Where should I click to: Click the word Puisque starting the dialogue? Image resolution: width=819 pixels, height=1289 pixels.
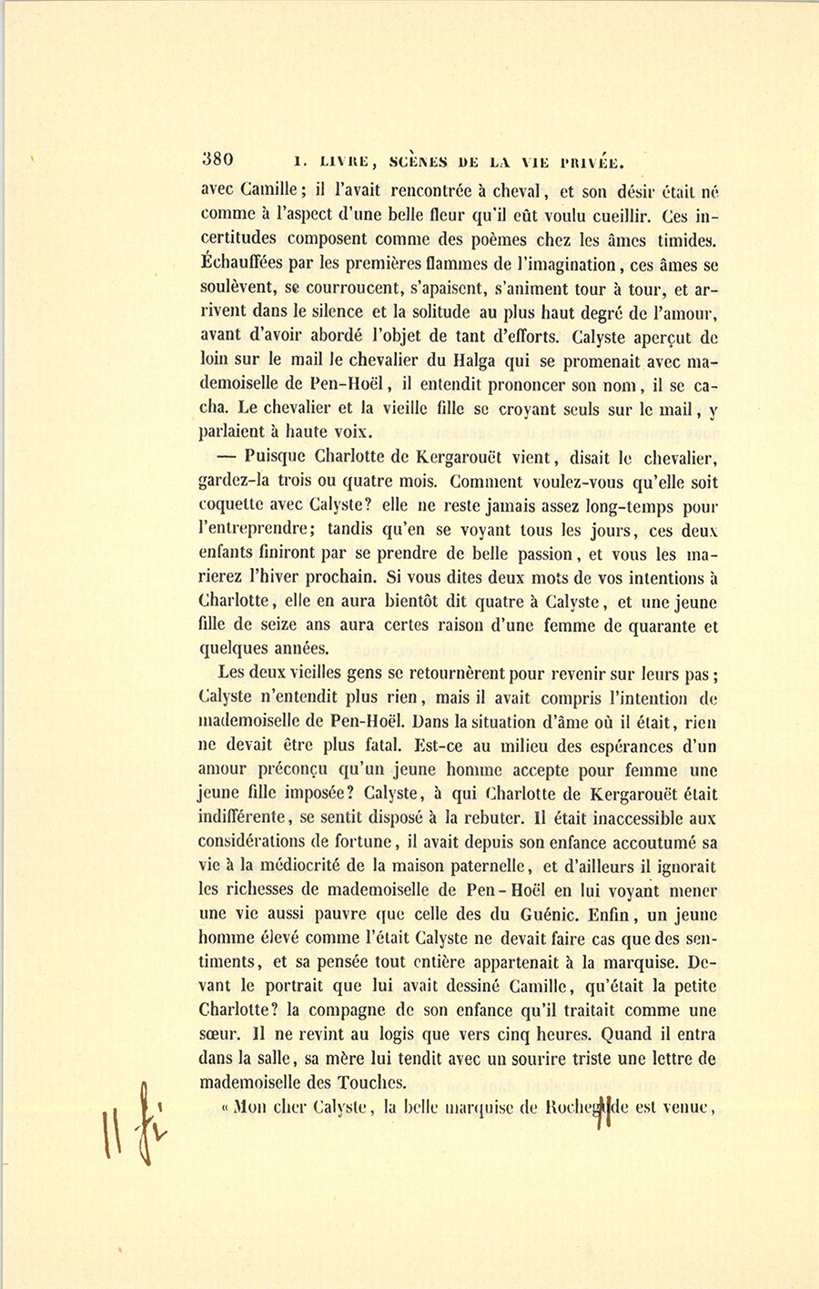(x=277, y=459)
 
